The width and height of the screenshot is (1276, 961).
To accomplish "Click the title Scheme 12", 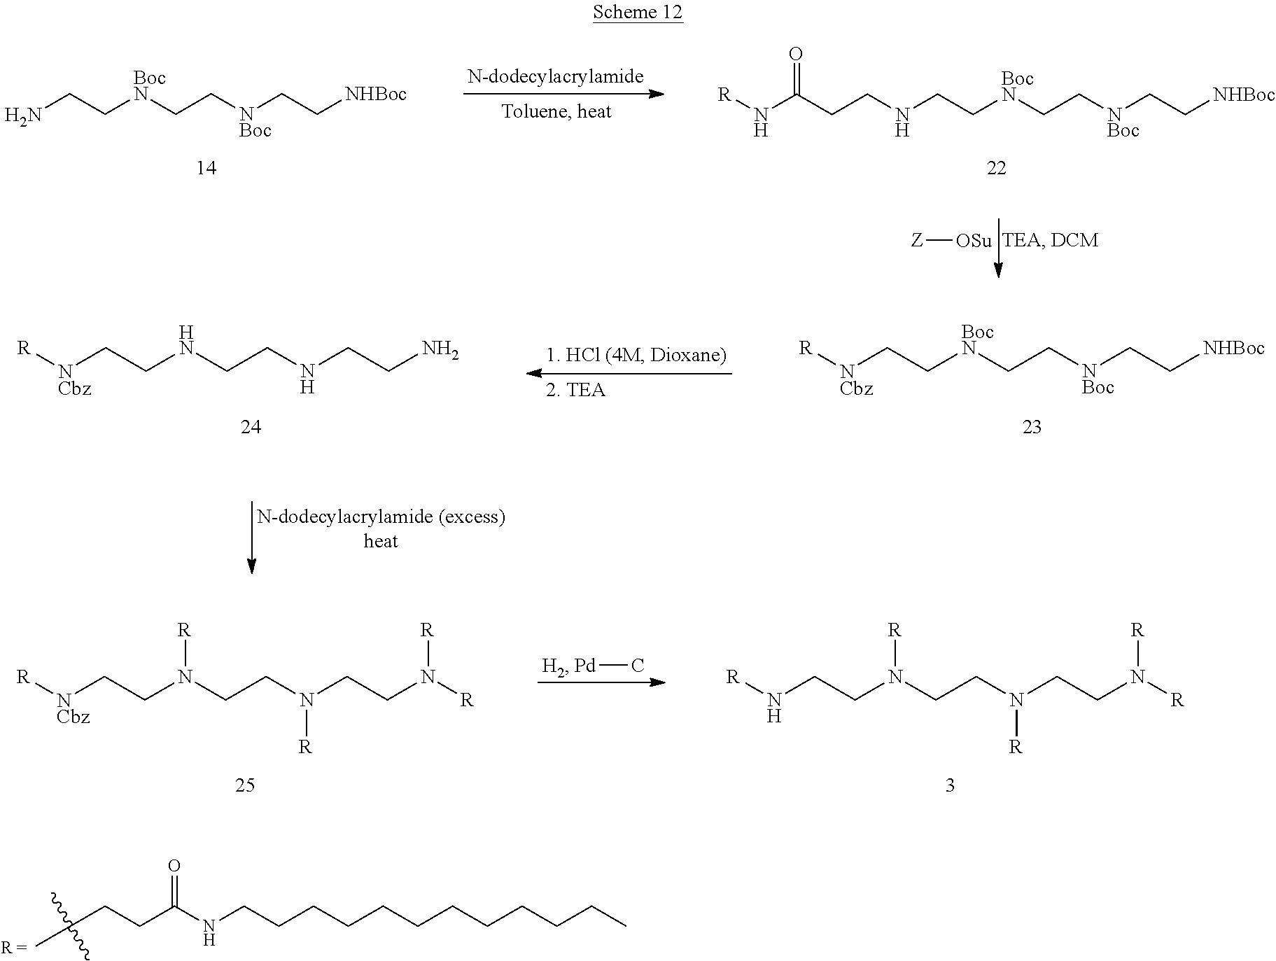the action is click(x=638, y=12).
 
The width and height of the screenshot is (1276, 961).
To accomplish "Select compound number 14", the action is click(x=206, y=168).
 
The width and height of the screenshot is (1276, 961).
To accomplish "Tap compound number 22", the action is click(x=995, y=168).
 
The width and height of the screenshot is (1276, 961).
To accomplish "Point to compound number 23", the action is click(x=1031, y=426).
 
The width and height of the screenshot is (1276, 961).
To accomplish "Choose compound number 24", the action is click(x=251, y=426).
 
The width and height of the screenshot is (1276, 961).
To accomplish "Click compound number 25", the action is click(x=245, y=785).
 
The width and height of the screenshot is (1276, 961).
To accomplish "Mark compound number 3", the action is click(x=950, y=785).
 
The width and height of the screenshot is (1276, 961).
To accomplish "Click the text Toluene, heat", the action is click(x=556, y=111).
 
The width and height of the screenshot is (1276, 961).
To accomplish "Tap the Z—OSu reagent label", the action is click(x=951, y=241).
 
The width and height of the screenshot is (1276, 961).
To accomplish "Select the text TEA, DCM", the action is click(x=1051, y=241).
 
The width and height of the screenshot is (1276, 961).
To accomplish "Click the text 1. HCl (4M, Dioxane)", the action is click(x=636, y=355).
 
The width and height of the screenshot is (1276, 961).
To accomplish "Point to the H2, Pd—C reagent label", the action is click(x=592, y=666).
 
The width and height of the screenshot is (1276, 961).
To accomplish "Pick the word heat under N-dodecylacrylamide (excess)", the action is click(x=381, y=541).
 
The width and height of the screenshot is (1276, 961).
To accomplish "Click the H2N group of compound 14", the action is click(x=23, y=115).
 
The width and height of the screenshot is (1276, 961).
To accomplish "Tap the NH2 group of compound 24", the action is click(x=440, y=349).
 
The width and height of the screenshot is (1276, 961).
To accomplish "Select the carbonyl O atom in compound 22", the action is click(x=795, y=54).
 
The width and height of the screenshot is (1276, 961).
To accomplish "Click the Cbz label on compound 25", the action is click(x=74, y=717).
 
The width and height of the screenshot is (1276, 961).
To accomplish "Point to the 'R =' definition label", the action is click(x=14, y=948).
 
